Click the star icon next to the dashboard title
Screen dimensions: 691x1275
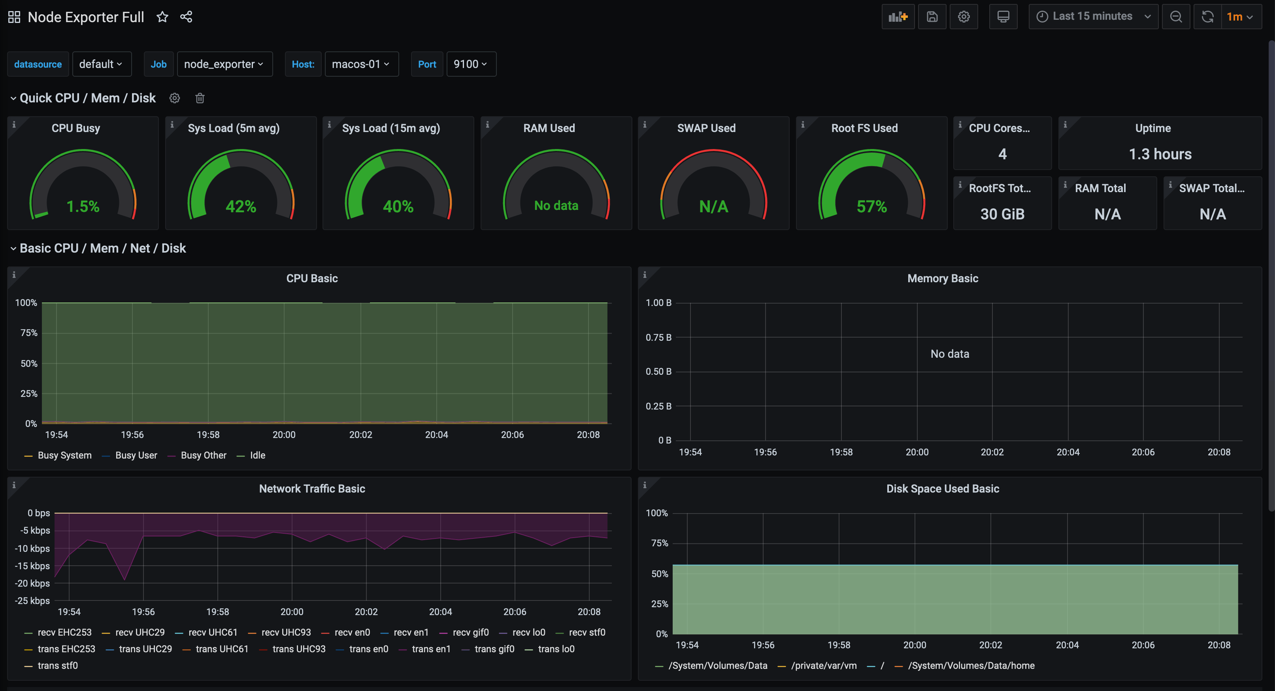coord(162,17)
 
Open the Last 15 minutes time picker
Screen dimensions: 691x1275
coord(1092,16)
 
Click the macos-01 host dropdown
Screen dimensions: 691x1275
coord(361,64)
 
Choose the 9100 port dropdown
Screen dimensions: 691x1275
coord(470,64)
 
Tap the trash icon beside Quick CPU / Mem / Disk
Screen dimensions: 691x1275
coord(200,98)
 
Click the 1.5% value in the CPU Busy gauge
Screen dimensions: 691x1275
coord(83,206)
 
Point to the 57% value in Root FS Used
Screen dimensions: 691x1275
coord(871,206)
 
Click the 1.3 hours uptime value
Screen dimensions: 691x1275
coord(1160,154)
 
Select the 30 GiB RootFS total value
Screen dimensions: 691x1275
coord(1002,214)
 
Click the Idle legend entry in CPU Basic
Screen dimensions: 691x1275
coord(257,455)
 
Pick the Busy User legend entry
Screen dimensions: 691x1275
coord(136,455)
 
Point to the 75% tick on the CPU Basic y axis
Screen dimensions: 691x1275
coord(29,332)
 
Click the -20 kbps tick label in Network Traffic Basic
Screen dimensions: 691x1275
coord(33,583)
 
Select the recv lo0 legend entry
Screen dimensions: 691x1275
coord(528,632)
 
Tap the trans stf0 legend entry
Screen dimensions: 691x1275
coord(57,665)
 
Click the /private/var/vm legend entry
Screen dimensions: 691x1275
coord(823,665)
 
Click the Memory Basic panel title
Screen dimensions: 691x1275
coord(942,278)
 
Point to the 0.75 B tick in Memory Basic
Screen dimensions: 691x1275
coord(658,338)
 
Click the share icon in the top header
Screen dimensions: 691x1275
coord(186,17)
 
